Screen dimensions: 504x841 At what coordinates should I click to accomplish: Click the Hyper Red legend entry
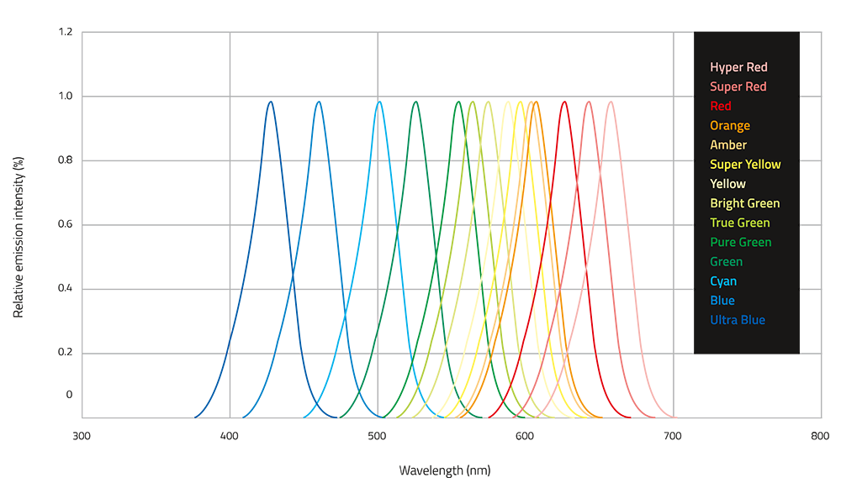[x=738, y=67]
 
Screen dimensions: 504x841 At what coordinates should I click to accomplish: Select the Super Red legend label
[x=738, y=87]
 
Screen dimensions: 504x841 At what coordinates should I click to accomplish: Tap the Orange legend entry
[x=730, y=126]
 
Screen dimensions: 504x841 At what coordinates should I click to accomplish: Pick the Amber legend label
[x=728, y=145]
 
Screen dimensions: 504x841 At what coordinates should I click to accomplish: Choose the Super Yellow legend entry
[x=745, y=165]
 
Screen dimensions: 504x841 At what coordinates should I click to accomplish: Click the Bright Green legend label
[x=745, y=203]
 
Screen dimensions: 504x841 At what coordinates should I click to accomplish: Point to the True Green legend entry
[x=740, y=223]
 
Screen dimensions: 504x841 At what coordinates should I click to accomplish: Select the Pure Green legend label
[x=741, y=242]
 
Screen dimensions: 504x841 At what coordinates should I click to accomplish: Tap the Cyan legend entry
[x=725, y=281]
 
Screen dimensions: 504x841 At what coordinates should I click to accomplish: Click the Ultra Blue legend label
[x=738, y=320]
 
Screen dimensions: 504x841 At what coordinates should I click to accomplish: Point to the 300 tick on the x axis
[x=82, y=436]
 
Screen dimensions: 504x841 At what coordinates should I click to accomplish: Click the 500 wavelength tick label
[x=378, y=436]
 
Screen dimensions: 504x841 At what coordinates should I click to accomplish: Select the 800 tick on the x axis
[x=820, y=436]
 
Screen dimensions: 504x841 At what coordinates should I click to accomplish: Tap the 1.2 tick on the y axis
[x=65, y=32]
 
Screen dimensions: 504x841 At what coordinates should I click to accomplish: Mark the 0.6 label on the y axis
[x=65, y=224]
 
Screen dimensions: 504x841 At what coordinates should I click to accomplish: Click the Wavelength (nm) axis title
[x=444, y=470]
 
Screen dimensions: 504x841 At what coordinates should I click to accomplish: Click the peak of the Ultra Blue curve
[x=271, y=102]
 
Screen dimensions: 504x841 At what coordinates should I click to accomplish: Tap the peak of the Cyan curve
[x=379, y=102]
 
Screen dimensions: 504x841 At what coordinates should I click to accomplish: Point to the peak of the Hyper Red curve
[x=611, y=102]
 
